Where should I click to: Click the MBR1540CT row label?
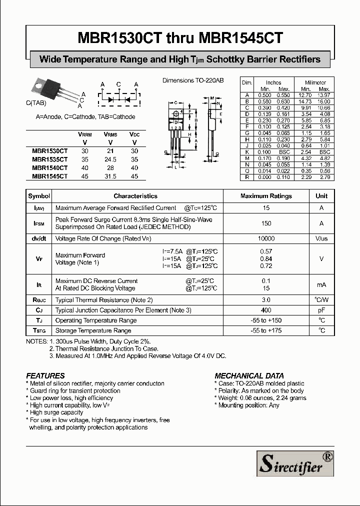(49, 168)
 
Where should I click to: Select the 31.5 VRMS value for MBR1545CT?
(110, 176)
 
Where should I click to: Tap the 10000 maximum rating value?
(266, 239)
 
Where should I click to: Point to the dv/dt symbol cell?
(39, 239)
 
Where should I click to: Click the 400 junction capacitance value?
(266, 310)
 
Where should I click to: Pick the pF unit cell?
(321, 310)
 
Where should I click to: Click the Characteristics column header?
(135, 196)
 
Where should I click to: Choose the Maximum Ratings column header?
(266, 196)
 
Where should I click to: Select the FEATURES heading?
(45, 375)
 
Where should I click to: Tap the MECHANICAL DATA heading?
(249, 375)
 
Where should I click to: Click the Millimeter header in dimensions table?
(315, 82)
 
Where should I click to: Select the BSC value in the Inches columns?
(284, 151)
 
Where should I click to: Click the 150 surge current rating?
(266, 223)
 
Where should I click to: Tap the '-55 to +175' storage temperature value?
(266, 330)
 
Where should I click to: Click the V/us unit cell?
(321, 239)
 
